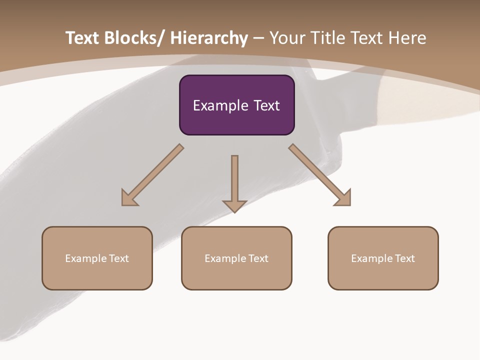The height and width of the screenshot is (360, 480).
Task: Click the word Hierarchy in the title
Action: click(209, 38)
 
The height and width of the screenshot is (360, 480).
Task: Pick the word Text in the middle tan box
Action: click(258, 258)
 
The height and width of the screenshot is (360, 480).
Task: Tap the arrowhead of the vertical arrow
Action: click(234, 206)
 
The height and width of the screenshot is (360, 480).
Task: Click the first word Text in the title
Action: click(82, 38)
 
